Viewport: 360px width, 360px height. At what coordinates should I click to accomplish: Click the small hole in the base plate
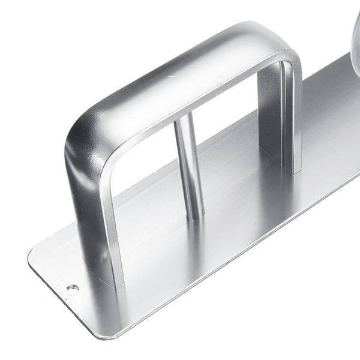73,289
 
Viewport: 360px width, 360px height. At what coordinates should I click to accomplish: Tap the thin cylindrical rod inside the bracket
187,162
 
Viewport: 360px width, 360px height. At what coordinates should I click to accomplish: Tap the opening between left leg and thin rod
150,180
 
